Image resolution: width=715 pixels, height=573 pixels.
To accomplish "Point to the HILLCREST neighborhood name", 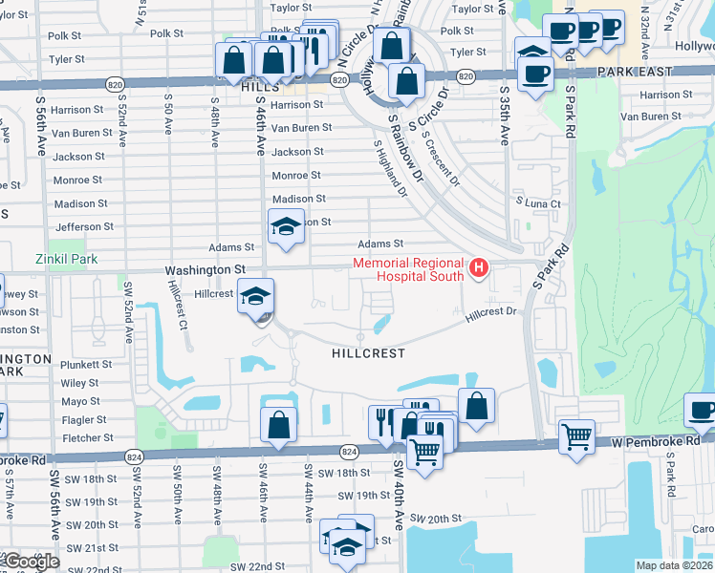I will coord(368,353).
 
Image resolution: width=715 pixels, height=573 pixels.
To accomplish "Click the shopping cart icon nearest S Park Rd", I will coord(576,437).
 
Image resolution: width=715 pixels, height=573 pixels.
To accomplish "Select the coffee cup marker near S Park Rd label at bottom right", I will coord(702,410).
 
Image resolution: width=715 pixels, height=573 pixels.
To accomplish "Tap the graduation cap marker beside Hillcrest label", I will coord(255,296).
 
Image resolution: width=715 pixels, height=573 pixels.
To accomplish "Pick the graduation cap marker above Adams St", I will coord(285,226).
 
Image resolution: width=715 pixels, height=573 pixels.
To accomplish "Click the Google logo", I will coord(31,562).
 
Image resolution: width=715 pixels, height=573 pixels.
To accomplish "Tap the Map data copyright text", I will coord(674,565).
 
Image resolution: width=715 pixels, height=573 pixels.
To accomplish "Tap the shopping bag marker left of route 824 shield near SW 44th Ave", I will coord(277,424).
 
